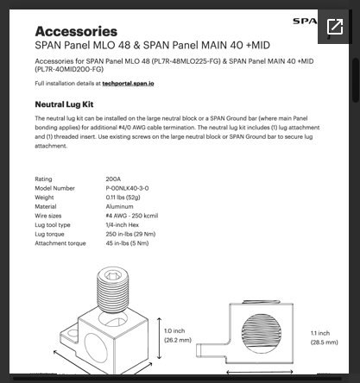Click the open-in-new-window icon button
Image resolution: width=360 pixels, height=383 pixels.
[x=335, y=27]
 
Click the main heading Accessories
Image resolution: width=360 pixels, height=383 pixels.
[x=76, y=31]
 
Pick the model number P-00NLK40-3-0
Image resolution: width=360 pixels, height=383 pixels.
[x=127, y=188]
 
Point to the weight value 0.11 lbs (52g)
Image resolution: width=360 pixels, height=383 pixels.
[x=125, y=198]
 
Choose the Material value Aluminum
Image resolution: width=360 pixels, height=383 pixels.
[x=119, y=206]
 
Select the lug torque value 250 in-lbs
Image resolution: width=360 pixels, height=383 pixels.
[x=129, y=234]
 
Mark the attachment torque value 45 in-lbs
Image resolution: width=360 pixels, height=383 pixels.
[x=127, y=242]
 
